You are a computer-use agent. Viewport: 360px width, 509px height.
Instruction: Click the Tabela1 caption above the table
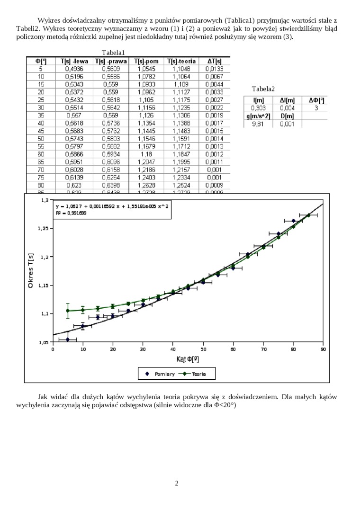[x=113, y=53]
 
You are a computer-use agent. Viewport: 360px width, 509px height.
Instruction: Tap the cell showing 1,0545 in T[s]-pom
[x=147, y=69]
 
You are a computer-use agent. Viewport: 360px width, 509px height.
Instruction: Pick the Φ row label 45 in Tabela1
[x=41, y=131]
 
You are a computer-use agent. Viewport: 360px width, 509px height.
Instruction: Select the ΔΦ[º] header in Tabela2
[x=316, y=100]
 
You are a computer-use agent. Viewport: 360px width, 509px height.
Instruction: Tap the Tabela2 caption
[x=263, y=89]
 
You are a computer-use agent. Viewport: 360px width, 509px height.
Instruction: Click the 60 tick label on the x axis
[x=233, y=349]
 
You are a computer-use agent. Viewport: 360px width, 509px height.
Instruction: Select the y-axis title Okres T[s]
[x=31, y=271]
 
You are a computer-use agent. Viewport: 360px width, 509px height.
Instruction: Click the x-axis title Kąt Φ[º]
[x=188, y=359]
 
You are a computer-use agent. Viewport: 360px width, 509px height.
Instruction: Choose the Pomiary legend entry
[x=160, y=374]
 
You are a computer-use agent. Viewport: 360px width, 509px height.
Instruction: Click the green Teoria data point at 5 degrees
[x=68, y=311]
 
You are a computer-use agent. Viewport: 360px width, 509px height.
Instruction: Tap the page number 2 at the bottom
[x=177, y=483]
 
